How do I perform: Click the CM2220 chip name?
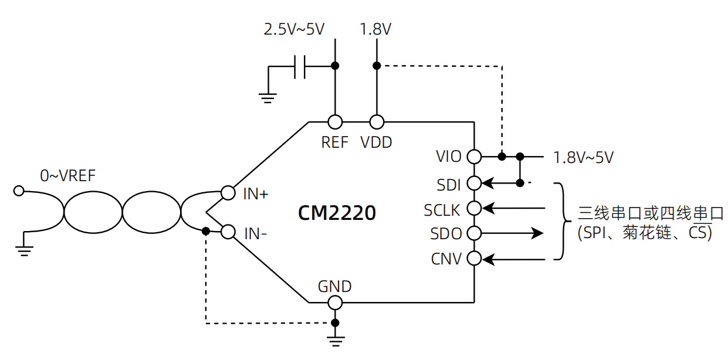pyautogui.click(x=337, y=213)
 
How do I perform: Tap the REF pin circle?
pyautogui.click(x=335, y=122)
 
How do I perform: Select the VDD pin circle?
pyautogui.click(x=377, y=122)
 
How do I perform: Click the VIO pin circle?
pyautogui.click(x=474, y=157)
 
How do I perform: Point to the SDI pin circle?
pyautogui.click(x=474, y=184)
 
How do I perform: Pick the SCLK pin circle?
pyautogui.click(x=474, y=208)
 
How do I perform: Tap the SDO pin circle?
pyautogui.click(x=474, y=233)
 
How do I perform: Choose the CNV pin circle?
pyautogui.click(x=474, y=259)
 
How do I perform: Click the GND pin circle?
pyautogui.click(x=335, y=303)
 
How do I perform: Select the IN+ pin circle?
pyautogui.click(x=228, y=193)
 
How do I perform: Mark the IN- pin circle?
pyautogui.click(x=228, y=232)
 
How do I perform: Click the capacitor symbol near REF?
pyautogui.click(x=300, y=67)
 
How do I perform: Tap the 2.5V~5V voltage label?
pyautogui.click(x=294, y=29)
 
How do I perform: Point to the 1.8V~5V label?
pyautogui.click(x=583, y=158)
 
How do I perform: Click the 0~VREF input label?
pyautogui.click(x=67, y=176)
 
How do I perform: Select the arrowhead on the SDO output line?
pyautogui.click(x=537, y=233)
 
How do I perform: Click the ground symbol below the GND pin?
pyautogui.click(x=336, y=342)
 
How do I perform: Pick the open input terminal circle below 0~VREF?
pyautogui.click(x=19, y=191)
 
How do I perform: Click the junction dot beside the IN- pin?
pyautogui.click(x=206, y=232)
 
